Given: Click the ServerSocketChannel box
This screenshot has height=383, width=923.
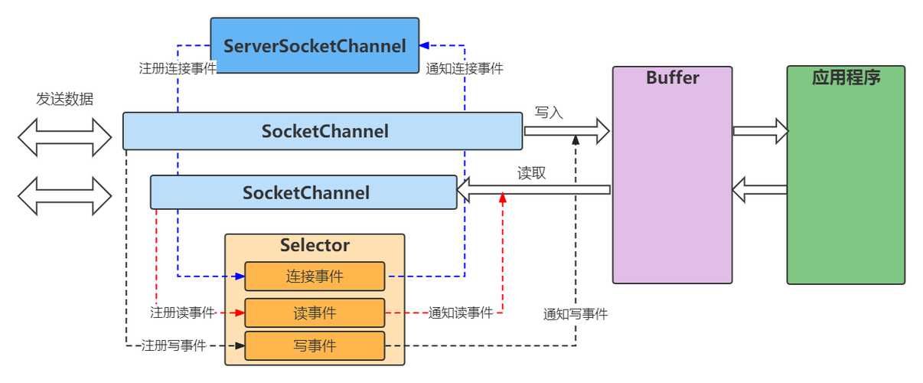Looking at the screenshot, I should pos(315,46).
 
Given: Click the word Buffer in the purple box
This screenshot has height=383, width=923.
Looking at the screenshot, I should pos(672,77).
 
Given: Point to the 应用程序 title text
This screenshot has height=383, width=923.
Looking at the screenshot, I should pos(846,77).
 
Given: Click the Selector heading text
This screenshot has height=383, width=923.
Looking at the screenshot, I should pos(315,245).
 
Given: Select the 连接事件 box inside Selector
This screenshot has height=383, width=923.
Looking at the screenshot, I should pos(315,277).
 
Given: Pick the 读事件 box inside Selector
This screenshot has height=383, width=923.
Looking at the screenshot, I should pos(315,313).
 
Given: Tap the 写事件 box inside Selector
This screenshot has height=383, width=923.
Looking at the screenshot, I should pos(315,345).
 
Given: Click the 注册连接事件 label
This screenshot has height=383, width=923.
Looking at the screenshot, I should pos(178,67).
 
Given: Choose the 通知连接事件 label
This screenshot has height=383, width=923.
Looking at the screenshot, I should pos(465,67).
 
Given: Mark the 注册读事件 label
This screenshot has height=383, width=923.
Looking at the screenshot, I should pos(182,313).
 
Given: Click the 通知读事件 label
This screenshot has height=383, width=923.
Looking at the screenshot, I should pos(461,313).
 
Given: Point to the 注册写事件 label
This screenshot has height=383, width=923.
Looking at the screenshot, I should pos(174,345).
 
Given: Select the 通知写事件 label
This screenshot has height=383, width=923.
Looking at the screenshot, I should pos(576,314).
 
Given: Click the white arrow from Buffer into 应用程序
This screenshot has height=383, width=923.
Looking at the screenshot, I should pos(760,131).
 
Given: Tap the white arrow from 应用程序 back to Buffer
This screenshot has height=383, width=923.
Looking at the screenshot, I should pos(760,189).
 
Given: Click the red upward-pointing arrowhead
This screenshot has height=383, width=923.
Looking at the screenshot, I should pos(502,199).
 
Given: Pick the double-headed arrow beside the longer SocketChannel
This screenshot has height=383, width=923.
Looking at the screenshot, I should pos(65,136).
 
